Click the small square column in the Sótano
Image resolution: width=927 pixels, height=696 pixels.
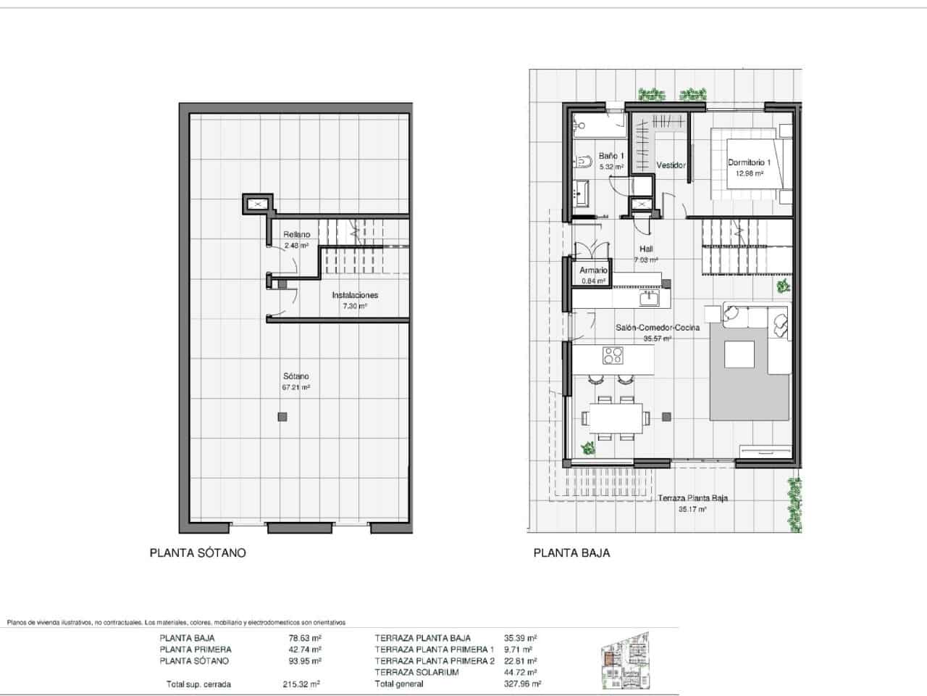pyautogui.click(x=282, y=416)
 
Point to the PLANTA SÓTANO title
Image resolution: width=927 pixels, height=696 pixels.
pyautogui.click(x=198, y=552)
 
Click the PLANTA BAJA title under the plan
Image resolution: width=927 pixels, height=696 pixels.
pyautogui.click(x=571, y=552)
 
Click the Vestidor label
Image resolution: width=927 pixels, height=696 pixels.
pyautogui.click(x=671, y=165)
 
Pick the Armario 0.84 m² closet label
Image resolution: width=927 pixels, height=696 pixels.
pyautogui.click(x=593, y=275)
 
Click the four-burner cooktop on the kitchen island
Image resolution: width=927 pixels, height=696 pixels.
pyautogui.click(x=613, y=355)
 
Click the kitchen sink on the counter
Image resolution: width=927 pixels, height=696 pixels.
pyautogui.click(x=649, y=298)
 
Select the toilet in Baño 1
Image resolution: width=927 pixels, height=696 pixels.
pyautogui.click(x=581, y=162)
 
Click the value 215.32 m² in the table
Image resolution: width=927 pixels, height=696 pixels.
pyautogui.click(x=301, y=684)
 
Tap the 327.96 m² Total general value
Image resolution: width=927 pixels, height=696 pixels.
pyautogui.click(x=523, y=684)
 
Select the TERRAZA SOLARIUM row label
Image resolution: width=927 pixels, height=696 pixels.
pyautogui.click(x=416, y=672)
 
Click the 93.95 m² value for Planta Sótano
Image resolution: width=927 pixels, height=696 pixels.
pyautogui.click(x=305, y=660)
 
